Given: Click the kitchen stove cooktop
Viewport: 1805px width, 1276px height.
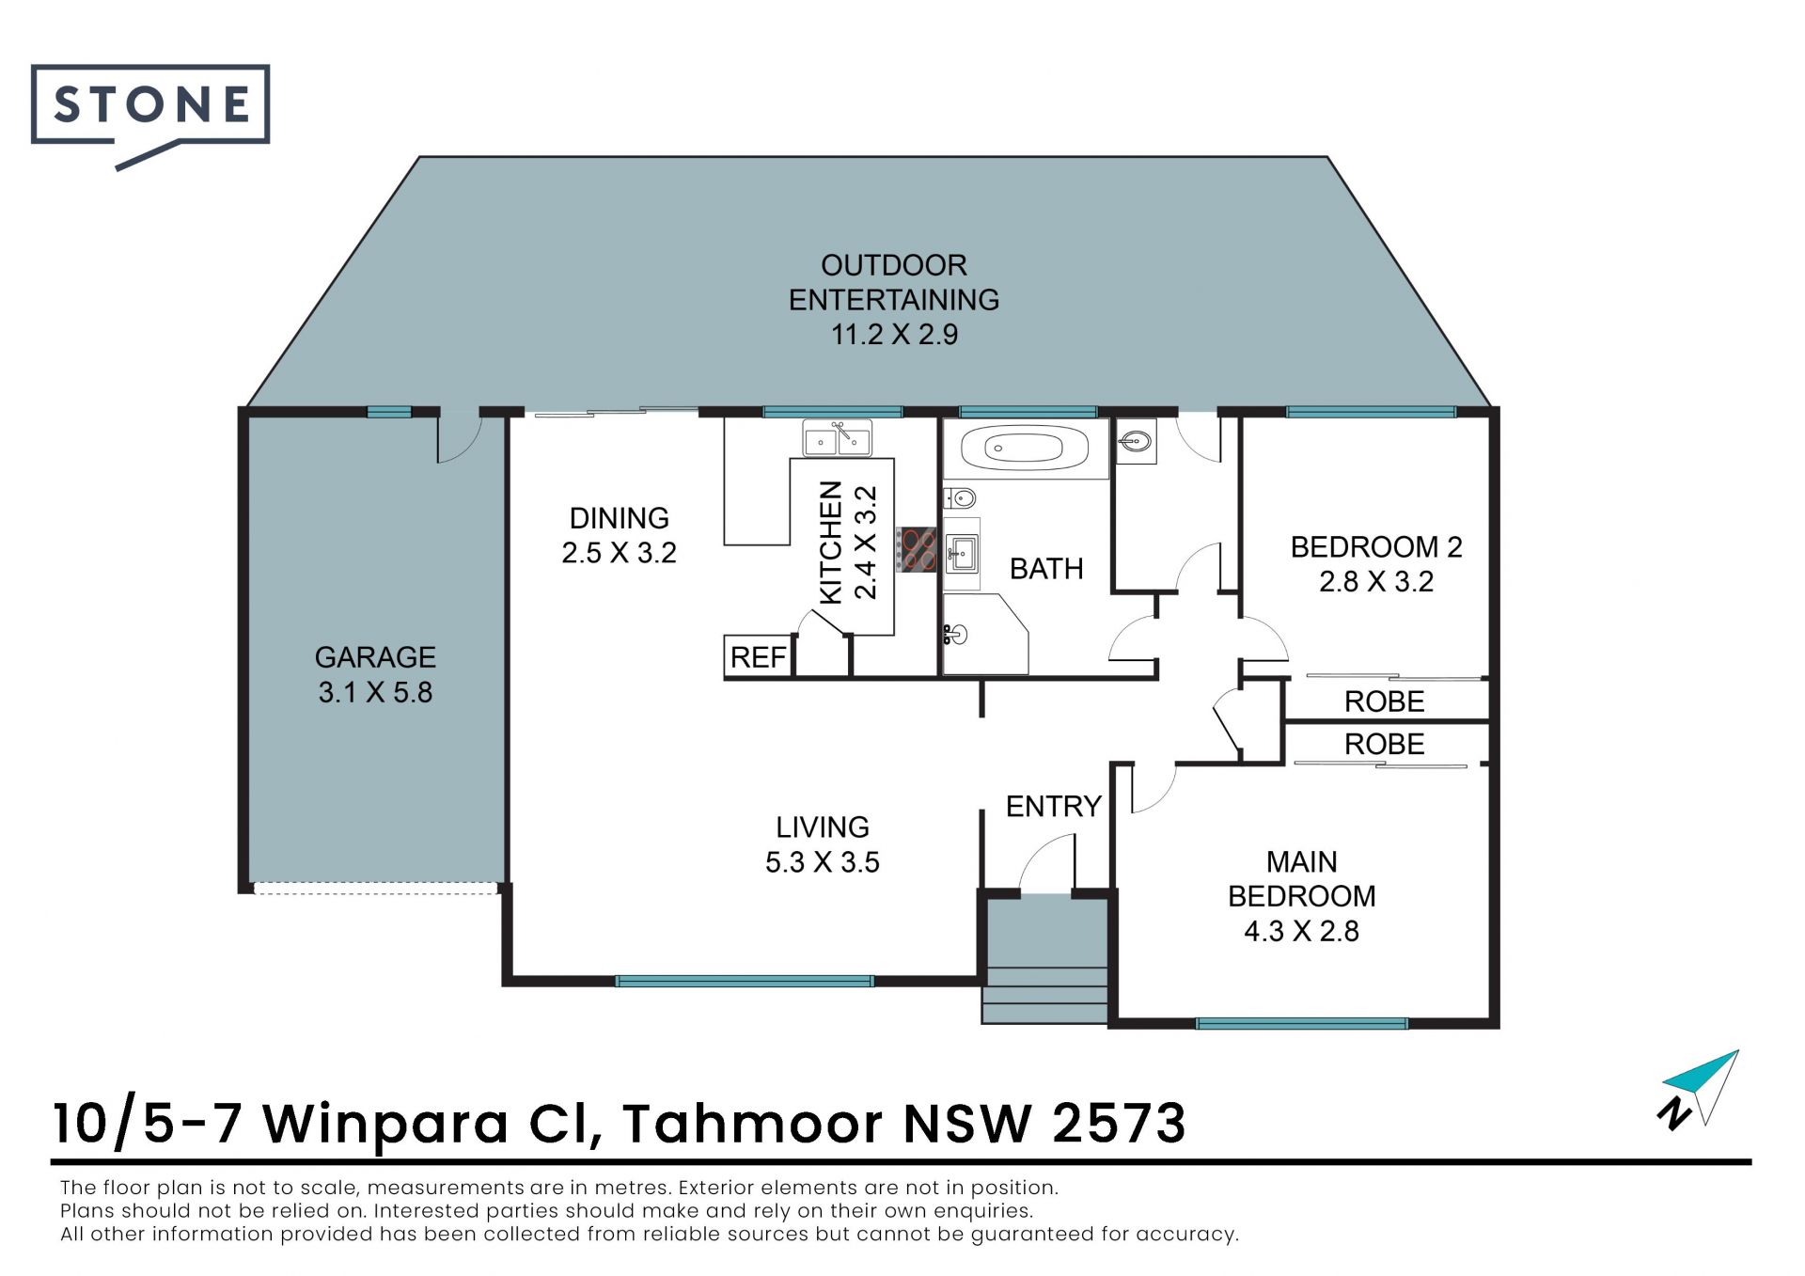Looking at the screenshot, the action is [x=916, y=549].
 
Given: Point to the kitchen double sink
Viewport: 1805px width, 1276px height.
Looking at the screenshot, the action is [x=837, y=438].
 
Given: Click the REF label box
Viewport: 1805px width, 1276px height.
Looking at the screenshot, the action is [x=758, y=656].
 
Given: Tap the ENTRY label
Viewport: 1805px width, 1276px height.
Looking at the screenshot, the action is [x=1053, y=806].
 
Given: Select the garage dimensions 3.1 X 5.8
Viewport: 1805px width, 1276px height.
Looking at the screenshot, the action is [x=375, y=692].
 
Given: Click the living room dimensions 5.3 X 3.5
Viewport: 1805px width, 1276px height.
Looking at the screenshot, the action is [x=823, y=862].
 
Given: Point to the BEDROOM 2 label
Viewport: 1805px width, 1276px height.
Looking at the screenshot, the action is [x=1376, y=546].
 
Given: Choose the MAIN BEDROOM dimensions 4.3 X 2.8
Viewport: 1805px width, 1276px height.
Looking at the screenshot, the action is [x=1302, y=931].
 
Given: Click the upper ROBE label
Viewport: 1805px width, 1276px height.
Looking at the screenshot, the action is [x=1384, y=701].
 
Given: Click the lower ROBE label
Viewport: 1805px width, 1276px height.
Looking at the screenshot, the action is [x=1384, y=744].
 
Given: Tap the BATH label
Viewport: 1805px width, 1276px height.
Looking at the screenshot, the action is [x=1046, y=569].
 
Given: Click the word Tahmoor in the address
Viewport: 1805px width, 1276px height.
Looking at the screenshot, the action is [x=752, y=1123].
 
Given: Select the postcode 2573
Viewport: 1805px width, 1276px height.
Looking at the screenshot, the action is [x=1119, y=1123].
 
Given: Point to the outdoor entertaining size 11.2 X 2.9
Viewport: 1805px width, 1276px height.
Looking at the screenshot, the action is [x=894, y=334].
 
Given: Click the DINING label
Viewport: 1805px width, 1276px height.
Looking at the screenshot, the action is [x=620, y=518].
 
